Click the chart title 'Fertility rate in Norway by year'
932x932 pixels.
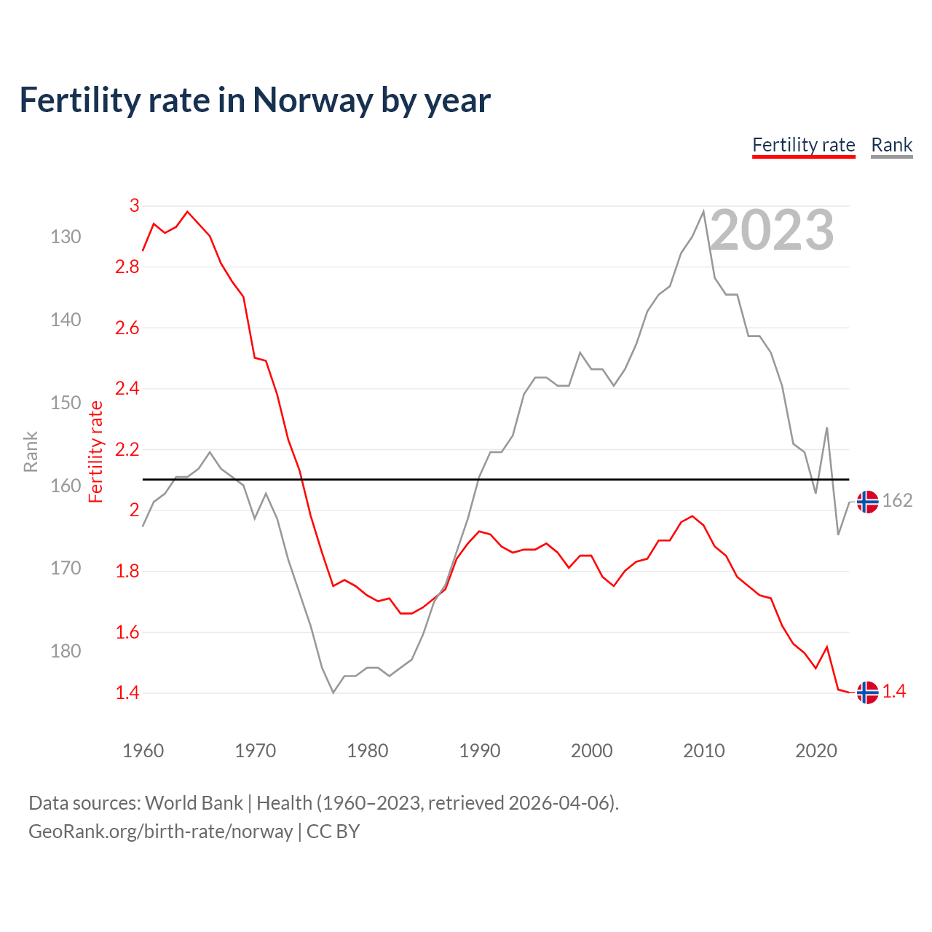(255, 100)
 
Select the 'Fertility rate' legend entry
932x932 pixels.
(803, 145)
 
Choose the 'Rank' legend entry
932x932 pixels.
(891, 145)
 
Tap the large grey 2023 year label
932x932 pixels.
(772, 230)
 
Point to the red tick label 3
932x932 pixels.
(134, 206)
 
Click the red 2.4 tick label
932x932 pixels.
(127, 389)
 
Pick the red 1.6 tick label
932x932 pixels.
(127, 632)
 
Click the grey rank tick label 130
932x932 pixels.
(66, 237)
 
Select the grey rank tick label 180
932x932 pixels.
(66, 651)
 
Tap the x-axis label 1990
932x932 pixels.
(479, 751)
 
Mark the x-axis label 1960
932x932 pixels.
(143, 751)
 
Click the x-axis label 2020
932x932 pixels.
(815, 751)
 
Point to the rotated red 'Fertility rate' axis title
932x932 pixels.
(96, 451)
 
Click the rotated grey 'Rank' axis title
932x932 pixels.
(31, 451)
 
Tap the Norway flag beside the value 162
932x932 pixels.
(867, 502)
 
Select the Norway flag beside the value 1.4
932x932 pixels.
(867, 692)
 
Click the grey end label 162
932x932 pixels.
(897, 501)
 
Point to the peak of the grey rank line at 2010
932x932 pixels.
(703, 212)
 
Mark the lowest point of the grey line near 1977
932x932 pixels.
(333, 692)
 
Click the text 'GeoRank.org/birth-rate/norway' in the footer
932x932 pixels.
(160, 832)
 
